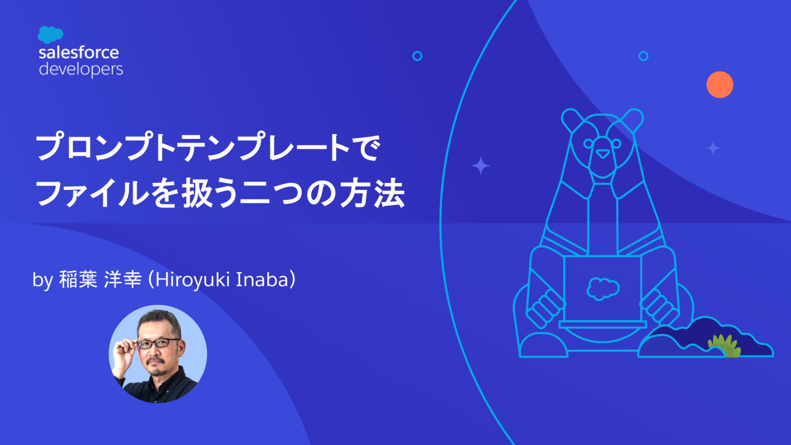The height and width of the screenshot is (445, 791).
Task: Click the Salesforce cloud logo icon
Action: [50, 34]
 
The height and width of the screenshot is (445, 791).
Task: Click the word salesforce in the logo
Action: [79, 53]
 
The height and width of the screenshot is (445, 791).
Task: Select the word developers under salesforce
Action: [81, 69]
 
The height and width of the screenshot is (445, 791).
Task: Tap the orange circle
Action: [719, 85]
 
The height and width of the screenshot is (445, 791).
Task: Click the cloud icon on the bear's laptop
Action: [603, 288]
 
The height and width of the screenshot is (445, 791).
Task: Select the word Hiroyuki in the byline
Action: [193, 280]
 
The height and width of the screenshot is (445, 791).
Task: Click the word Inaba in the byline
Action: [262, 279]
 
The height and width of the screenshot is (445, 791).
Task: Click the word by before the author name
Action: [43, 280]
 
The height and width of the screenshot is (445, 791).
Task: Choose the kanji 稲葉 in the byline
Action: [78, 279]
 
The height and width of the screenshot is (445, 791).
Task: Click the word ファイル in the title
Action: [92, 194]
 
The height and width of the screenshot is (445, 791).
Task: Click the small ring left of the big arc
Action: [417, 56]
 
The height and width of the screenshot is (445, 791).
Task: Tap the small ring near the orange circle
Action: [643, 56]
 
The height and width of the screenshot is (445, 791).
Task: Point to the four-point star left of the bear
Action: [480, 166]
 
